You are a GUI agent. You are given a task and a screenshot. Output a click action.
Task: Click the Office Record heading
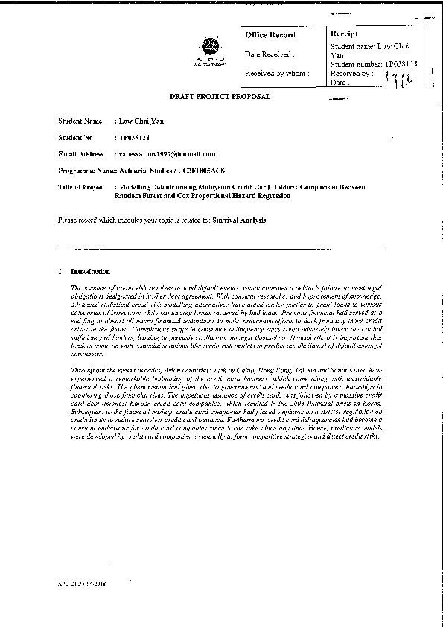click(x=270, y=35)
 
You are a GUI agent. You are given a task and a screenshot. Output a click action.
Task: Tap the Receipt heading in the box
click(x=345, y=34)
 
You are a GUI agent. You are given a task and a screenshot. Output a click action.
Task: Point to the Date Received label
click(x=270, y=54)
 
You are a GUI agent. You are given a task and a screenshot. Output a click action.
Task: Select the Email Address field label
click(x=80, y=154)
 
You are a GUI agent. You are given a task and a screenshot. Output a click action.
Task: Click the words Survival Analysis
click(x=239, y=221)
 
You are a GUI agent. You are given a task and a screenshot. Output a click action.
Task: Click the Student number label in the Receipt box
click(x=356, y=66)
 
